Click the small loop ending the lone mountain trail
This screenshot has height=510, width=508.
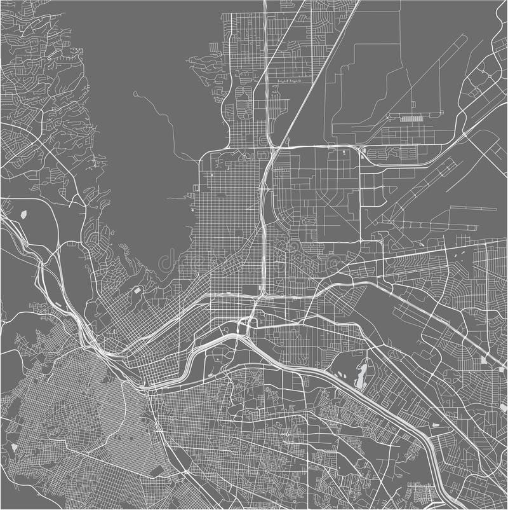tap(135, 94)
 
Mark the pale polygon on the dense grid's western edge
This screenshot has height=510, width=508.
tap(14, 448)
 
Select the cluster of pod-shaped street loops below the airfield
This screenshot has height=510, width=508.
tap(384, 153)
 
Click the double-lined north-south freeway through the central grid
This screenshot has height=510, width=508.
tap(263, 210)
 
